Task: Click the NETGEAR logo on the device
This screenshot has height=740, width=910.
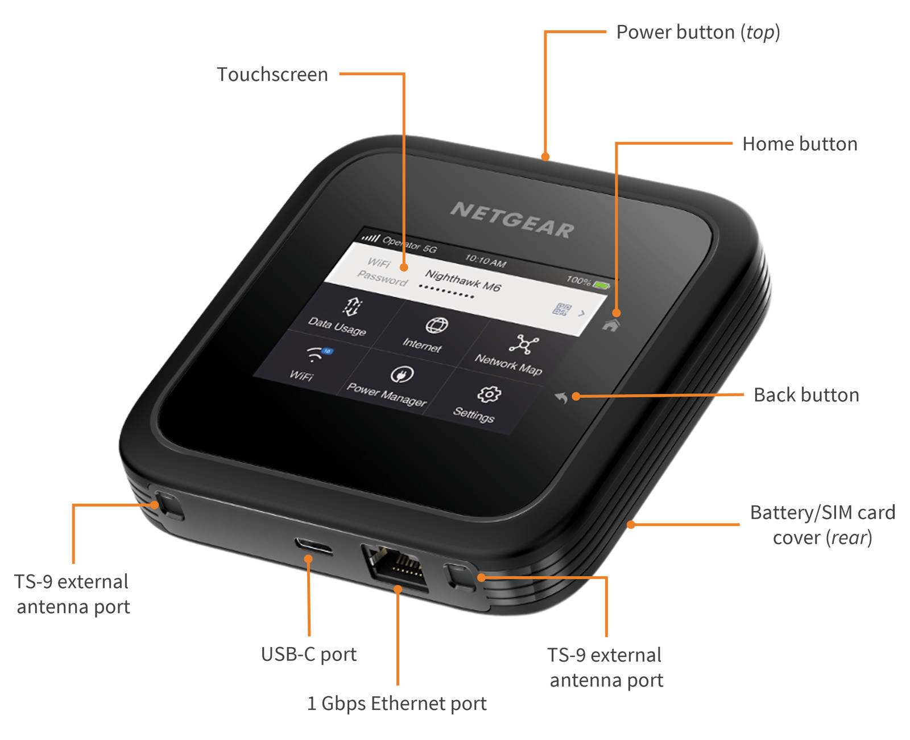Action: pyautogui.click(x=512, y=220)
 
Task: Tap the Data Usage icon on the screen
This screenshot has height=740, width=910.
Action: pyautogui.click(x=352, y=306)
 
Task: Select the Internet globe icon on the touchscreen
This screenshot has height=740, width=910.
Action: pyautogui.click(x=436, y=326)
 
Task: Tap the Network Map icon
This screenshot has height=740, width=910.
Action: pyautogui.click(x=524, y=344)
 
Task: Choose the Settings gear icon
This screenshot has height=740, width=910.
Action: pyautogui.click(x=489, y=394)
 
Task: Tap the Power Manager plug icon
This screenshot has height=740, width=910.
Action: pyautogui.click(x=402, y=375)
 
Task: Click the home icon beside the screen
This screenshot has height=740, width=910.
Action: pyautogui.click(x=611, y=326)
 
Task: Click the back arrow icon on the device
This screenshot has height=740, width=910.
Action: pyautogui.click(x=561, y=397)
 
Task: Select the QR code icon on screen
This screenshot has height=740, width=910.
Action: pyautogui.click(x=561, y=309)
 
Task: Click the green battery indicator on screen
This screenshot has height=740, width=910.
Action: pyautogui.click(x=601, y=284)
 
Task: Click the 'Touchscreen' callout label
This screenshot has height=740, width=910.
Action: pyautogui.click(x=272, y=75)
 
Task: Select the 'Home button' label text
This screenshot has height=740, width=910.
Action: pyautogui.click(x=800, y=144)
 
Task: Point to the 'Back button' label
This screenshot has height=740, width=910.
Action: pyautogui.click(x=806, y=395)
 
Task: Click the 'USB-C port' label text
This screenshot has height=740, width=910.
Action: pyautogui.click(x=309, y=655)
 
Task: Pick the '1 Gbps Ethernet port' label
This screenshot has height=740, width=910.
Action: pyautogui.click(x=396, y=704)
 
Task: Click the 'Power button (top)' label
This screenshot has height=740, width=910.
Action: pyautogui.click(x=698, y=32)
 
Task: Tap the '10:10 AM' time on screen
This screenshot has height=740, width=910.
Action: pyautogui.click(x=485, y=261)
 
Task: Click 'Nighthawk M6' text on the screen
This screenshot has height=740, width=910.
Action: pyautogui.click(x=462, y=281)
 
